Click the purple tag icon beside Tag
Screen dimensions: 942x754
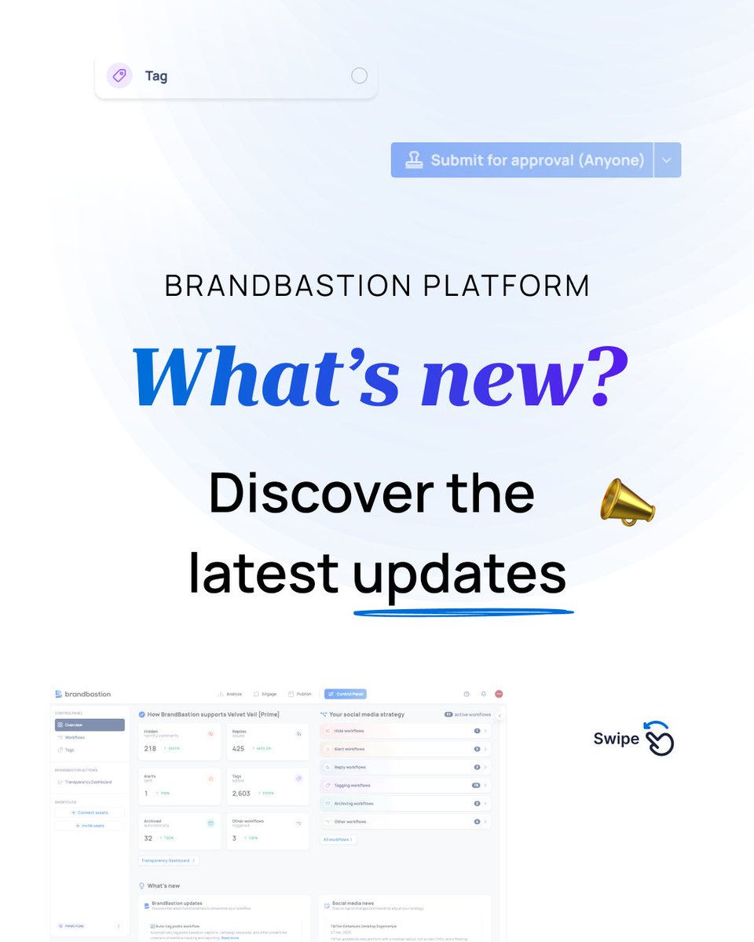[119, 75]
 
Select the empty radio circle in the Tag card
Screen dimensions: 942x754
[359, 75]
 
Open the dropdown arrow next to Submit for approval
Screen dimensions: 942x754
[667, 160]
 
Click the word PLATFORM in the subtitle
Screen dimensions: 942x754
[507, 286]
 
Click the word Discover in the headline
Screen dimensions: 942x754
[320, 495]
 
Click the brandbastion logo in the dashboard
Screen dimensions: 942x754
[82, 694]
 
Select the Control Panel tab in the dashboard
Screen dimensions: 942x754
[345, 694]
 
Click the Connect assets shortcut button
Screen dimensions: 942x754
[90, 812]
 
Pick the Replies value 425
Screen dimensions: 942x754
[238, 749]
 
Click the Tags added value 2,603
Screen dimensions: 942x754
[242, 794]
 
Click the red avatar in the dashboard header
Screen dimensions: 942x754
[499, 694]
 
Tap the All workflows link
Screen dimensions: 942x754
[338, 840]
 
